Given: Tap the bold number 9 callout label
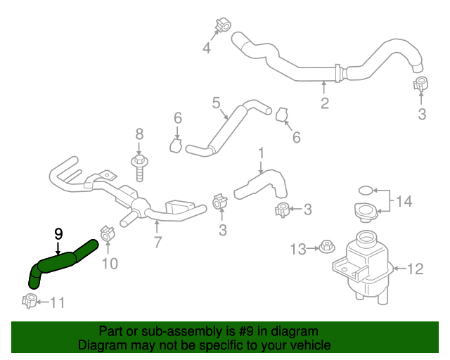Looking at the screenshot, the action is (x=58, y=233).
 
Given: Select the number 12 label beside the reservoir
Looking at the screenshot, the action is (x=416, y=268).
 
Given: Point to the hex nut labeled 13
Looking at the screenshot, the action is (x=326, y=247).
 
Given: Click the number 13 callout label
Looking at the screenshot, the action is (x=299, y=248).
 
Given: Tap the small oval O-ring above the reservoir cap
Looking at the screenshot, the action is (x=366, y=190).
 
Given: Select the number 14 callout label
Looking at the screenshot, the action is (x=404, y=202).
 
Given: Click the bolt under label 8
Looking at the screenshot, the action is (x=139, y=167).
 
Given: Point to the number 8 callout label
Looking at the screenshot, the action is (x=139, y=134).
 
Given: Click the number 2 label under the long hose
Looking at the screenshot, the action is (x=324, y=104).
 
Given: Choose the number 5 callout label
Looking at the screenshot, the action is (x=217, y=103).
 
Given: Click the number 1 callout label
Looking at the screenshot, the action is (x=261, y=152).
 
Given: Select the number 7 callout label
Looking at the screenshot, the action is (x=157, y=243).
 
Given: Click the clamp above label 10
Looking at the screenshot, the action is (x=108, y=233).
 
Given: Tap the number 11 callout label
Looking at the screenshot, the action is (x=57, y=303).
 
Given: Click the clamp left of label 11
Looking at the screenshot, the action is (x=30, y=301).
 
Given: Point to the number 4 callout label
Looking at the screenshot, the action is (x=207, y=49).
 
